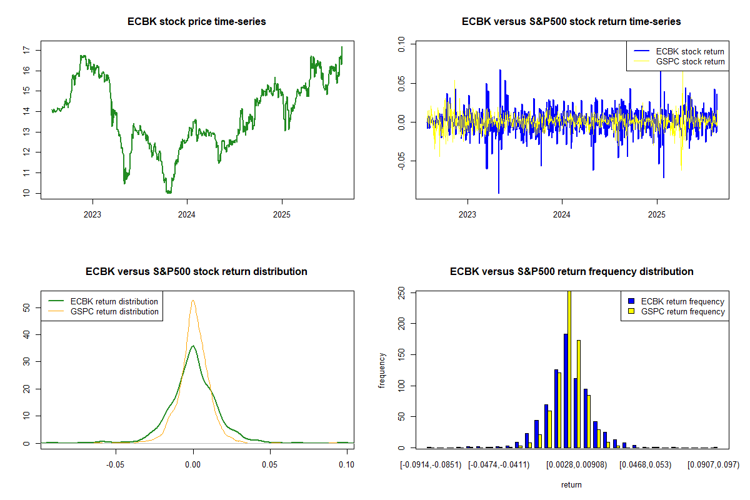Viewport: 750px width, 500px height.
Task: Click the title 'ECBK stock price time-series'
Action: (x=196, y=21)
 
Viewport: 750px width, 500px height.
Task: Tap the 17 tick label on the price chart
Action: (x=26, y=50)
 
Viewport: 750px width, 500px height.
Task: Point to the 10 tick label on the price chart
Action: (x=26, y=193)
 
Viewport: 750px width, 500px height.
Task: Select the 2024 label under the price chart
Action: (x=186, y=214)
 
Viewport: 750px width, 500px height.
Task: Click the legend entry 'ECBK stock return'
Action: (x=690, y=52)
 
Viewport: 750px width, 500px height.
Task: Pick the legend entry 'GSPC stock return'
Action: (x=690, y=62)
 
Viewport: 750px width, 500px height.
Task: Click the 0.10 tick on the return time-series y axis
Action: (x=401, y=44)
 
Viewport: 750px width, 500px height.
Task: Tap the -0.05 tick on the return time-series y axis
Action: (x=401, y=161)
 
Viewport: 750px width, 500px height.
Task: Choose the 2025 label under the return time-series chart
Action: (x=657, y=214)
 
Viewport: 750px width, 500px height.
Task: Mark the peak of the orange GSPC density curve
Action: (x=193, y=301)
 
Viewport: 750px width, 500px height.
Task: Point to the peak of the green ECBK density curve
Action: (x=193, y=346)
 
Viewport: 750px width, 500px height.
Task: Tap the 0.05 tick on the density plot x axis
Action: (x=270, y=464)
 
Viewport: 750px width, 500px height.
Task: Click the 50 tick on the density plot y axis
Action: (x=26, y=307)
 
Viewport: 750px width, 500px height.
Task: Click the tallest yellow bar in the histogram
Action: (x=569, y=369)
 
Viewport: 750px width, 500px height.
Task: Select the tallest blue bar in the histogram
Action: (x=566, y=391)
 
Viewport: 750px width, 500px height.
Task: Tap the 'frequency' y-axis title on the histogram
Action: (x=382, y=371)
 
